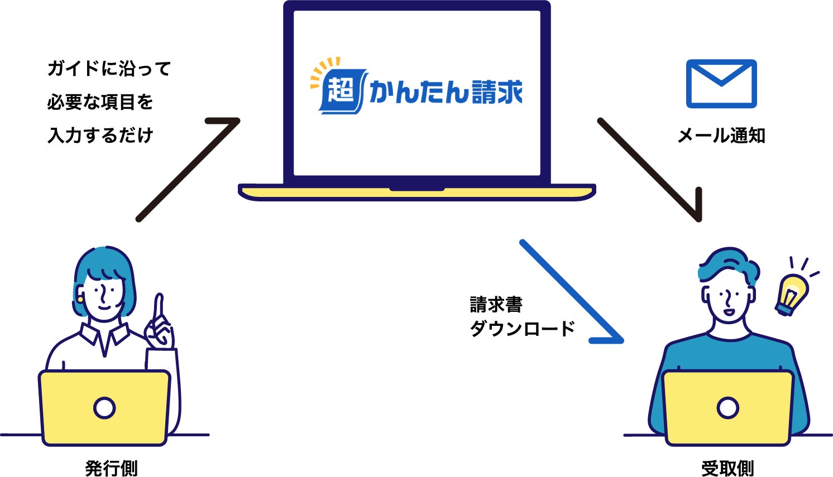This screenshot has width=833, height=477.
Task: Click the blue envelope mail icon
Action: click(x=721, y=84)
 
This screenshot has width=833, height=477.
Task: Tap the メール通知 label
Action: click(x=721, y=136)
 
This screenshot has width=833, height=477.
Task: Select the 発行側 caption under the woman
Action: click(x=111, y=468)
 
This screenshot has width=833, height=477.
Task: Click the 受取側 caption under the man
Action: click(x=727, y=468)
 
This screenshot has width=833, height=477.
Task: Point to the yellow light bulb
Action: click(x=793, y=292)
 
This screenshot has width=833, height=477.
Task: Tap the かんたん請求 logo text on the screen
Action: click(x=446, y=92)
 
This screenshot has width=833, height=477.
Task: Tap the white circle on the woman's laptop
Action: click(x=104, y=408)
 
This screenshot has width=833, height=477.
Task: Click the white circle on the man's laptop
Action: click(x=727, y=408)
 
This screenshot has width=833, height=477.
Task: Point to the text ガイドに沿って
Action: click(x=109, y=69)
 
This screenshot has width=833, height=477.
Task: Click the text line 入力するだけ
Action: click(x=100, y=136)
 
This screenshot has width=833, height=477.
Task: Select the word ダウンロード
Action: click(x=522, y=329)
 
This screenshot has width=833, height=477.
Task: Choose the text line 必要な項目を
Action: click(x=100, y=102)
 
